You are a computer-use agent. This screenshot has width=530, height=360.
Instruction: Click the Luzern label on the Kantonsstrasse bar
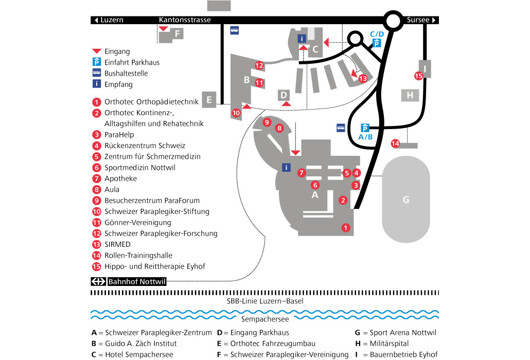point(112,20)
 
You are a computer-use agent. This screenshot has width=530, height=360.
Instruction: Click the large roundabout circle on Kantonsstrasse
point(393,21)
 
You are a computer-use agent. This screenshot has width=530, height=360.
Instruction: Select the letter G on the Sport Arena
point(406,200)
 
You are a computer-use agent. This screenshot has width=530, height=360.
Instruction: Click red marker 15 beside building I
point(418,76)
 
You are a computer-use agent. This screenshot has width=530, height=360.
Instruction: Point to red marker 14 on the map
point(395,143)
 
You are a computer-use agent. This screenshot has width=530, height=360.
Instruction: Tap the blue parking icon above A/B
point(365,128)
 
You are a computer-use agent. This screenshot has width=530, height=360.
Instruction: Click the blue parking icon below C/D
point(377,44)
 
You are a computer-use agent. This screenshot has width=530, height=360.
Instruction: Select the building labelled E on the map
point(209,99)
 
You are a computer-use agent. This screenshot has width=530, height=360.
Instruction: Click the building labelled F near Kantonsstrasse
point(177,34)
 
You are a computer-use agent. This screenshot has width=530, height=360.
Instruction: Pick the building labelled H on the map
point(410,95)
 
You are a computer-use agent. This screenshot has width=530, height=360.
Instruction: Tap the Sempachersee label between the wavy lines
point(266,319)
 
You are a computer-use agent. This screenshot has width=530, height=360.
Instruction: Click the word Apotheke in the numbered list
point(120,178)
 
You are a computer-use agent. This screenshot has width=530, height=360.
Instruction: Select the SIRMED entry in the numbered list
point(117,244)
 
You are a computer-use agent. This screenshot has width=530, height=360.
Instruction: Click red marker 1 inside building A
point(346,227)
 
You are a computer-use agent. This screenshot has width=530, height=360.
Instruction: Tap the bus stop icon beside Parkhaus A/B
point(340,128)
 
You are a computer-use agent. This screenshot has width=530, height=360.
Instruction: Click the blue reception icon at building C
point(303,38)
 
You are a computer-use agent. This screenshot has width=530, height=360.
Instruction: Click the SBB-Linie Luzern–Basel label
point(265,301)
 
